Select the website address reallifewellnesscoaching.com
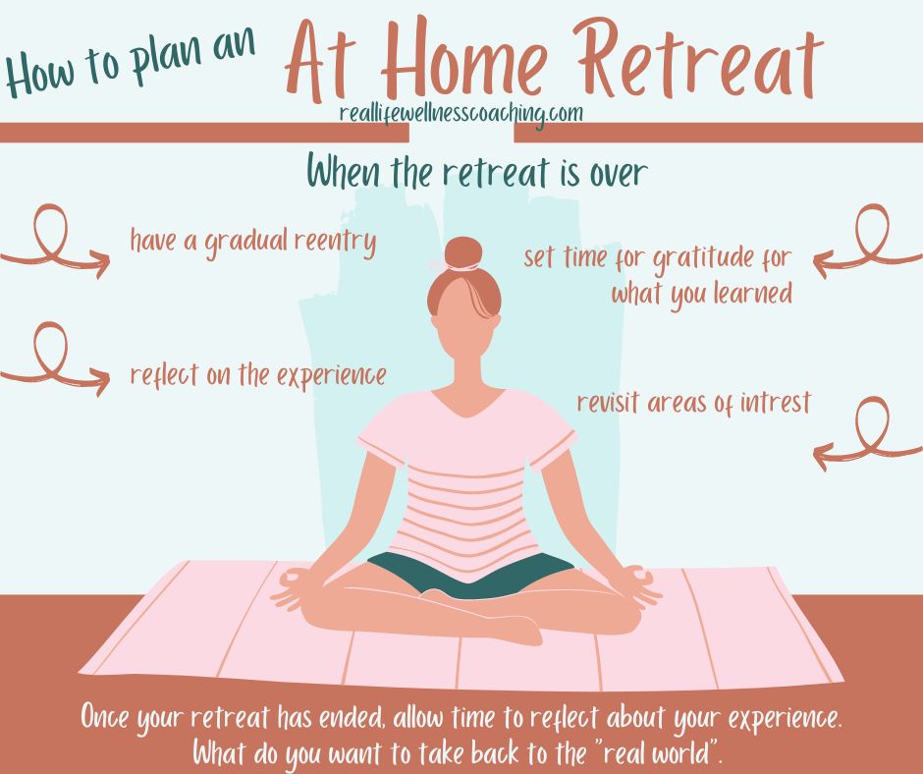pos(461,114)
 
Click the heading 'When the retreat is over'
pos(477,172)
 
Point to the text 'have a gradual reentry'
pos(253,242)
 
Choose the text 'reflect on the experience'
pos(258,375)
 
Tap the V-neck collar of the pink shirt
pos(468,402)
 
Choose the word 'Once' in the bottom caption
pos(105,717)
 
